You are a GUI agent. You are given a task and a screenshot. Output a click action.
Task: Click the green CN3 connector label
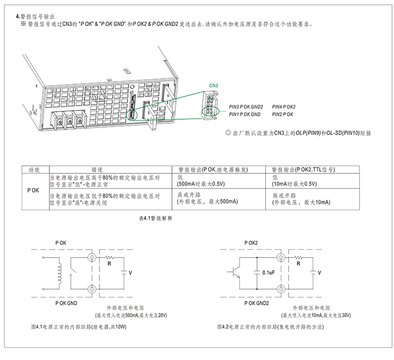[x=213, y=85]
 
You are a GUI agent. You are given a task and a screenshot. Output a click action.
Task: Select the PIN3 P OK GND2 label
[x=246, y=107]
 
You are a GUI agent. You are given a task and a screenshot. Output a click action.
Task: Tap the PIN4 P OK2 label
[x=284, y=107]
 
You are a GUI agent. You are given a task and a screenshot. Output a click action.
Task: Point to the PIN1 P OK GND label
[x=244, y=114]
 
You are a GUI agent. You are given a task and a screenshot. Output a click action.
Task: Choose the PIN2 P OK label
[x=282, y=114]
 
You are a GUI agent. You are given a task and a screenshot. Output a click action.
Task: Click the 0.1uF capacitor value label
[x=268, y=272]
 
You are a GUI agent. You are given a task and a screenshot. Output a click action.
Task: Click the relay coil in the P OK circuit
[x=59, y=273]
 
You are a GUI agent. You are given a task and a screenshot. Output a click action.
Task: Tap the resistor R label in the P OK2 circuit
[x=298, y=263]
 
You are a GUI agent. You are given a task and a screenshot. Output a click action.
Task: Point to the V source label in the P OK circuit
[x=130, y=273]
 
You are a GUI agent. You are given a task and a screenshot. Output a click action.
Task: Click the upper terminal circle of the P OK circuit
[x=92, y=258]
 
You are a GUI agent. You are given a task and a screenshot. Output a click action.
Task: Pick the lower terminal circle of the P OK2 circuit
[x=281, y=289]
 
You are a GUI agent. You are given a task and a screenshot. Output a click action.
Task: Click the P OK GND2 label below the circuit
[x=257, y=303]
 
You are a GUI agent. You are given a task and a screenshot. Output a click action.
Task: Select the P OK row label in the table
[x=33, y=191]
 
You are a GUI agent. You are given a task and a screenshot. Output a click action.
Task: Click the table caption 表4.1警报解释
[x=156, y=218]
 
